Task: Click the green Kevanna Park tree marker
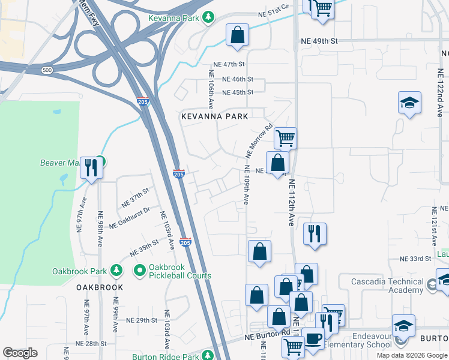(208, 18)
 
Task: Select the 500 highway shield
(47, 71)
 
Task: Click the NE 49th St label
(320, 41)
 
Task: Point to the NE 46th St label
(238, 79)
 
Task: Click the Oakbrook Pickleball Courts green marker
(140, 271)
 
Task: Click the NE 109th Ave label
(246, 188)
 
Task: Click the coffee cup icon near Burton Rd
(312, 338)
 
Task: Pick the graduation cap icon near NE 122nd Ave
(409, 103)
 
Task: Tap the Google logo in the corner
(20, 353)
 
